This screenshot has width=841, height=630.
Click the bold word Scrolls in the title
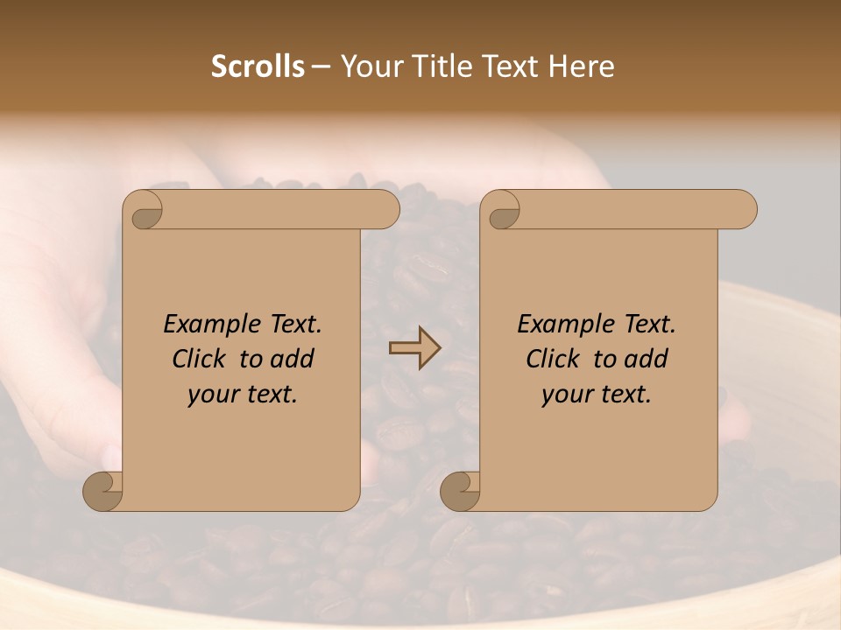pyautogui.click(x=258, y=66)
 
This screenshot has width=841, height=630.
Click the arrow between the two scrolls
pyautogui.click(x=415, y=348)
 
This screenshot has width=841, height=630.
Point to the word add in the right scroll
pyautogui.click(x=647, y=359)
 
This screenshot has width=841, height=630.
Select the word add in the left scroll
pyautogui.click(x=293, y=359)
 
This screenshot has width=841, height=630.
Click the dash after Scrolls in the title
pyautogui.click(x=322, y=67)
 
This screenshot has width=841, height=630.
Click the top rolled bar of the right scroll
pyautogui.click(x=631, y=209)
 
